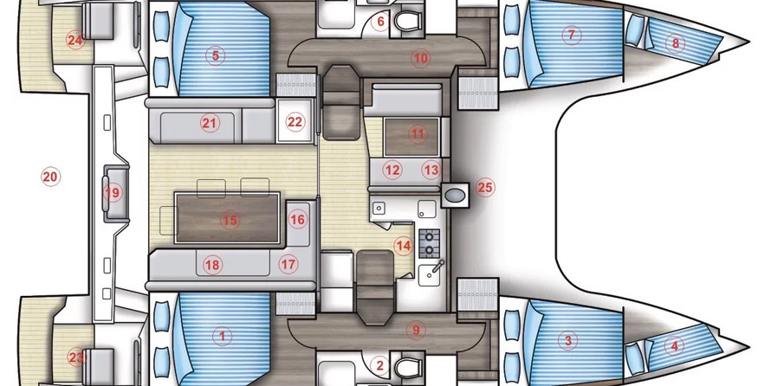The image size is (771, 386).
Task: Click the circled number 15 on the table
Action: click(230, 220)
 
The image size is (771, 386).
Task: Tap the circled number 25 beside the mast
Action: click(485, 188)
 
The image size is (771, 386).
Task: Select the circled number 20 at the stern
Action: click(50, 177)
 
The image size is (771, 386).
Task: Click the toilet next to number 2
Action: click(408, 366)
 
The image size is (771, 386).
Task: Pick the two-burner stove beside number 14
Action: click(430, 242)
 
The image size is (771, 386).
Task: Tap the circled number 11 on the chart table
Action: click(418, 133)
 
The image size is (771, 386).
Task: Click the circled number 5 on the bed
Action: click(216, 55)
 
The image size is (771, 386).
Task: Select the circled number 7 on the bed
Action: click(572, 35)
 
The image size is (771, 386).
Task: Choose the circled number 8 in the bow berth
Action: click(675, 44)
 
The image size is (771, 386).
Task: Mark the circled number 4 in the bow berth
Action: click(674, 346)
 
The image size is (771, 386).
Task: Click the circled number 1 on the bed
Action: click(223, 337)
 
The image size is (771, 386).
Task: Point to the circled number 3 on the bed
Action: click(568, 340)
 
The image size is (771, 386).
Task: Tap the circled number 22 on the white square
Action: click(295, 122)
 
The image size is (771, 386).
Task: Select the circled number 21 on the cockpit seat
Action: click(210, 123)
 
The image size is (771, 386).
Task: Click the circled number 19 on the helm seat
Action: click(113, 192)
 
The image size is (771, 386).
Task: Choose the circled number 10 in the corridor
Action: click(420, 59)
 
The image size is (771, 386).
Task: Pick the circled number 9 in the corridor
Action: click(416, 330)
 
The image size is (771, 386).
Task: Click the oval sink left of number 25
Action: click(456, 196)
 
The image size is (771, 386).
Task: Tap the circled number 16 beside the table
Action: click(297, 219)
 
